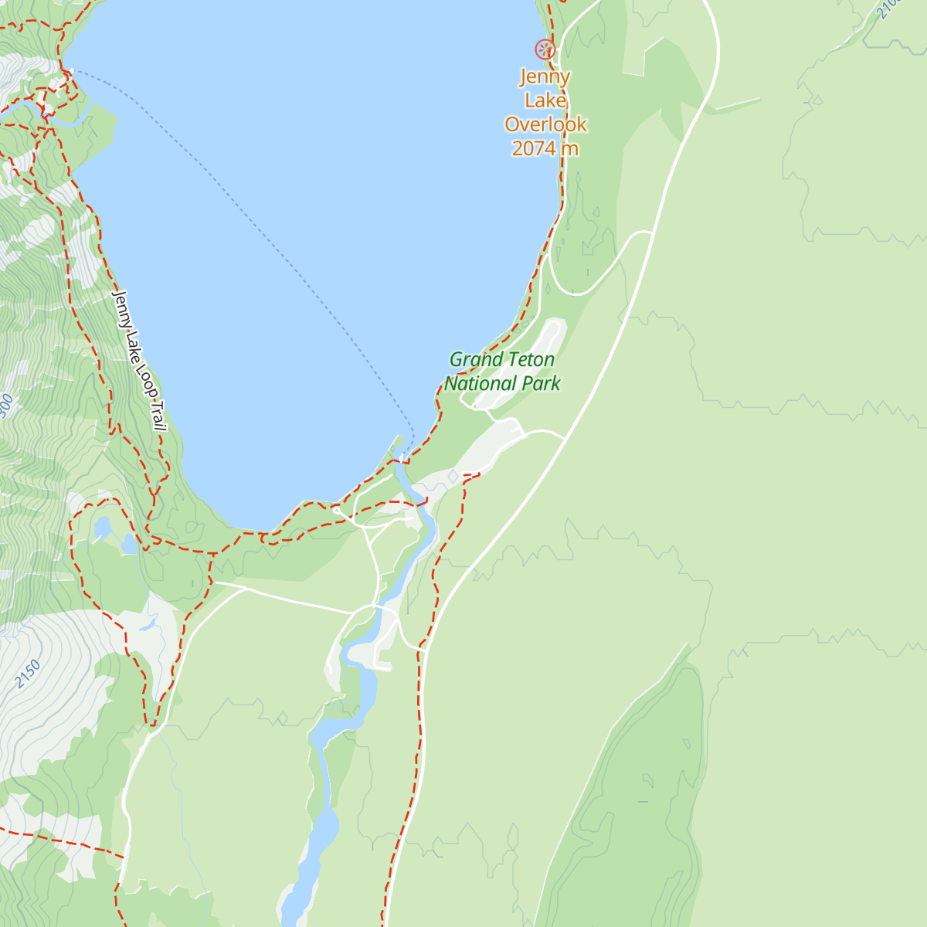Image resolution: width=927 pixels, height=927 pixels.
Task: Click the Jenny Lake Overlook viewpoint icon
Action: [x=545, y=49]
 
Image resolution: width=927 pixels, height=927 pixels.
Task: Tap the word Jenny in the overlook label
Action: [x=545, y=76]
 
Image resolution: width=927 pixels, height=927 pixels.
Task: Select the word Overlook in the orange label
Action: [x=545, y=124]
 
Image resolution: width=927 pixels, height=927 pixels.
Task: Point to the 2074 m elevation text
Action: [x=545, y=148]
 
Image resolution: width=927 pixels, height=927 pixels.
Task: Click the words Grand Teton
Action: [x=502, y=360]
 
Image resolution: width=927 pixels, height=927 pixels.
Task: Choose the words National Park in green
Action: [x=502, y=384]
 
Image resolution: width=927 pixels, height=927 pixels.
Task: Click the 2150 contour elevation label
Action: [x=27, y=674]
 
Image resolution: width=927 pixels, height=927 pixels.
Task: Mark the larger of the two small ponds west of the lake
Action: [x=102, y=528]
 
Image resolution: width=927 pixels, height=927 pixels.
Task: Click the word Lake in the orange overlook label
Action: [x=545, y=100]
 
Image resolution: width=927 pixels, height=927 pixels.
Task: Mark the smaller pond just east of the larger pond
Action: [x=128, y=545]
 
